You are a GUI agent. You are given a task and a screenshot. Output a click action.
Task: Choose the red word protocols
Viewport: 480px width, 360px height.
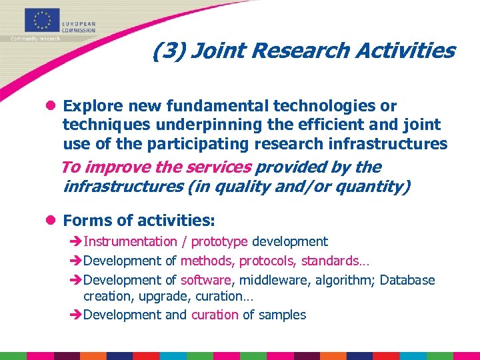pos(267,261)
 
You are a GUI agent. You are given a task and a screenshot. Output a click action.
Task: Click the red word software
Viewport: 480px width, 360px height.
pos(205,280)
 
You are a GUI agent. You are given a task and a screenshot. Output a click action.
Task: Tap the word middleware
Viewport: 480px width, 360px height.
pos(269,280)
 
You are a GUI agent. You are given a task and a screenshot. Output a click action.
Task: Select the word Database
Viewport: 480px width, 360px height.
pos(407,280)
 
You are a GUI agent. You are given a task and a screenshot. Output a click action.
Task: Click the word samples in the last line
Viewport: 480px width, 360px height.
pos(282,315)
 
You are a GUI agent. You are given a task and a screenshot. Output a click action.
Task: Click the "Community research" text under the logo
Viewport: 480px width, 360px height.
pos(35,39)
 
